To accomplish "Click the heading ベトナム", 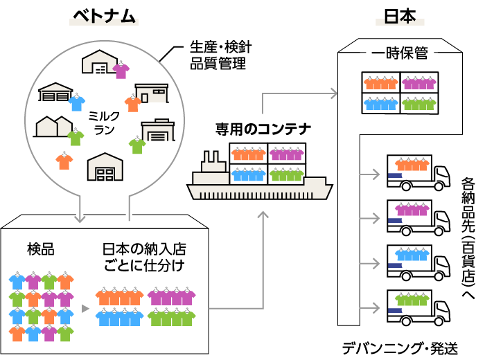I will (x=103, y=17).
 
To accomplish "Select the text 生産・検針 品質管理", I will (x=218, y=57).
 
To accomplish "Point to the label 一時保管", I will (x=398, y=54).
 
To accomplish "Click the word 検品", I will (x=41, y=249).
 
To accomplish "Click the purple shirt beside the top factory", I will (x=121, y=70).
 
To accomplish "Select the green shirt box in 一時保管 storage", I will (x=419, y=103).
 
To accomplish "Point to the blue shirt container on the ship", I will (x=248, y=173).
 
